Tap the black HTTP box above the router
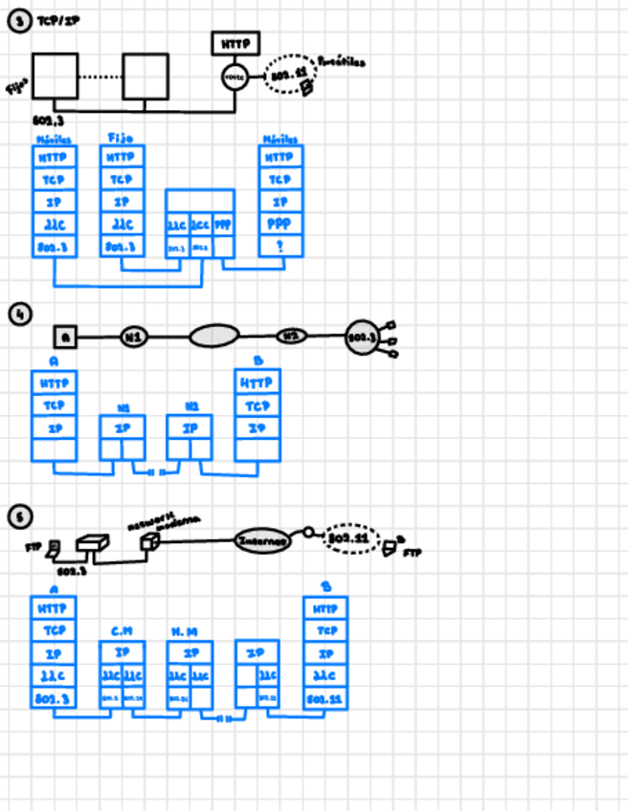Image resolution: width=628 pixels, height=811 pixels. pos(235,44)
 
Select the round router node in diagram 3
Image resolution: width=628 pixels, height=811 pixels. pos(235,77)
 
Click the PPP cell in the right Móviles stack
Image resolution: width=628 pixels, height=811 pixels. pos(281,224)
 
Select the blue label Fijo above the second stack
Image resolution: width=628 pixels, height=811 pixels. pos(121,139)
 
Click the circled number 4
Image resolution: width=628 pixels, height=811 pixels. pos(20,314)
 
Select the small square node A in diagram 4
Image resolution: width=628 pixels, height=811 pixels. pos(65,336)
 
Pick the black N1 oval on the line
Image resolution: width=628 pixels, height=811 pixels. pos(134,336)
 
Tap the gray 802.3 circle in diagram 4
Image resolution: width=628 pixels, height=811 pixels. pos(361,337)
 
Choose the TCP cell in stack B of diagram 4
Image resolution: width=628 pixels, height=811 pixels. pos(258,405)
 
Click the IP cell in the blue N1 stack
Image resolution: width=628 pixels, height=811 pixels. pos(123,428)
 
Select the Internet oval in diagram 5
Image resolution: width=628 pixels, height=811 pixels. pos(263,541)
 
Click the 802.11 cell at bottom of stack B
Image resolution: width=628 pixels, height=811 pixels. pos(325,700)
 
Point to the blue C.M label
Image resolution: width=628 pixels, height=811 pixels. pos(122,631)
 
